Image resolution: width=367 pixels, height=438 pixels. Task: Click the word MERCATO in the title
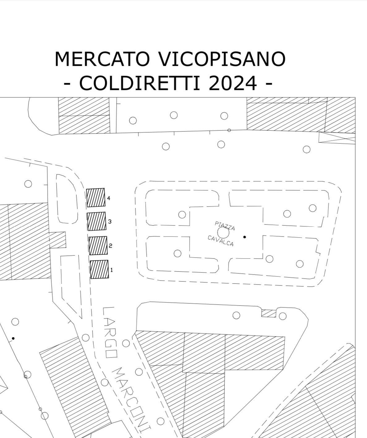[x=102, y=59]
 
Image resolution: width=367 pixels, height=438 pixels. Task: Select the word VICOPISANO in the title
[x=222, y=59]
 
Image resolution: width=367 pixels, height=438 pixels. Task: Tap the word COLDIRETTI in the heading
[x=139, y=83]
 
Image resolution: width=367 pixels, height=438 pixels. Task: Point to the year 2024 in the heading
[x=233, y=83]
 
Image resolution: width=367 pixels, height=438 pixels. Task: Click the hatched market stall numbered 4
[x=96, y=198]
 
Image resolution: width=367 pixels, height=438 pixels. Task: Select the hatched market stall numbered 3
[x=97, y=221]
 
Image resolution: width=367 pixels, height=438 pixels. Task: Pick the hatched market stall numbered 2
[x=98, y=246]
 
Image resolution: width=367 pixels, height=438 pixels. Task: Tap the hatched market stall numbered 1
[x=100, y=269]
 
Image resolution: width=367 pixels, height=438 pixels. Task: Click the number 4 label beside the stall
[x=109, y=198]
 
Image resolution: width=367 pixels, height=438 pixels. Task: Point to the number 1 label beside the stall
[x=112, y=270]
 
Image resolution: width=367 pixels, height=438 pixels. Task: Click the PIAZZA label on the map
[x=224, y=226]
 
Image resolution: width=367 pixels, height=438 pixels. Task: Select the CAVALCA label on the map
[x=221, y=241]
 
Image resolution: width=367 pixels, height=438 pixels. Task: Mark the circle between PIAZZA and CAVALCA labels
[x=223, y=233]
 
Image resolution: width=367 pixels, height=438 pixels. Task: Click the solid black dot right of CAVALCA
[x=245, y=237]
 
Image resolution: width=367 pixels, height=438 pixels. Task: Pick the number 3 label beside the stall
[x=110, y=221]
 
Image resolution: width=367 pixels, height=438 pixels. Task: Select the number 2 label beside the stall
[x=110, y=246]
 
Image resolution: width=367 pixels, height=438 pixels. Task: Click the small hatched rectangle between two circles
[x=269, y=313]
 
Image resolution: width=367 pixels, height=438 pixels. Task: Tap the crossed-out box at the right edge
[x=337, y=138]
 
